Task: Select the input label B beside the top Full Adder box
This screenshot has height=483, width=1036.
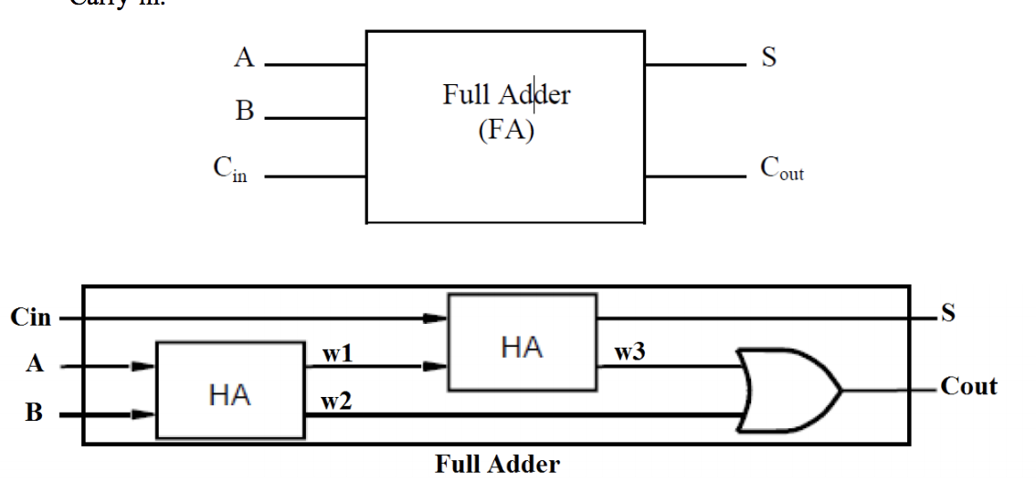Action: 244,113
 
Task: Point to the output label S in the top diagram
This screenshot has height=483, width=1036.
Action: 768,60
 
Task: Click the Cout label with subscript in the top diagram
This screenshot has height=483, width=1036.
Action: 782,172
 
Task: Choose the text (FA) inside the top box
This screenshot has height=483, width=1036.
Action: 505,129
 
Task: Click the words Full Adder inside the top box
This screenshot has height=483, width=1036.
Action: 505,95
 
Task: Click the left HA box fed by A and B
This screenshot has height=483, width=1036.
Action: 230,390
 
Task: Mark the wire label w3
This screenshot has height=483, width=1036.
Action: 630,355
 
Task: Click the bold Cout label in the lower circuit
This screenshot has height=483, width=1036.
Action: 968,388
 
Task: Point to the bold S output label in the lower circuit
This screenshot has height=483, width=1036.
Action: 948,315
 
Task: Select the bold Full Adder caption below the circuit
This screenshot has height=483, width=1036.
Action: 497,465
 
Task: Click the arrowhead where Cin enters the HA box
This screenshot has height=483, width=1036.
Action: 439,318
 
